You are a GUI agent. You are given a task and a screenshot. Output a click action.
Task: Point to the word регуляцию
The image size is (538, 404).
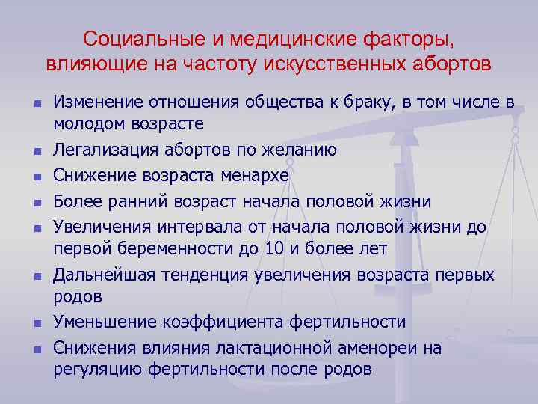coord(94,369)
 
